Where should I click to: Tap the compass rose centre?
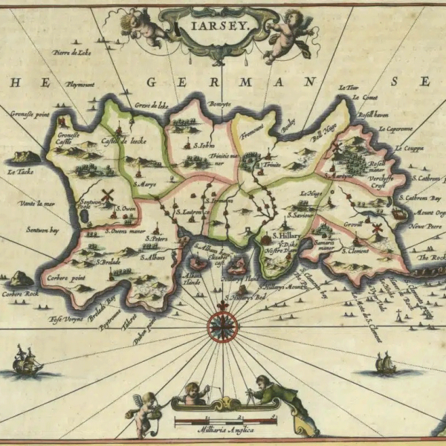[222, 324]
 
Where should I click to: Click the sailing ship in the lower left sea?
[28, 362]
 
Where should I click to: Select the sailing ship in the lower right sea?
[385, 363]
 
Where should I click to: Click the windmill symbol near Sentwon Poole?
[106, 195]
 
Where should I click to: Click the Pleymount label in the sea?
[80, 85]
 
